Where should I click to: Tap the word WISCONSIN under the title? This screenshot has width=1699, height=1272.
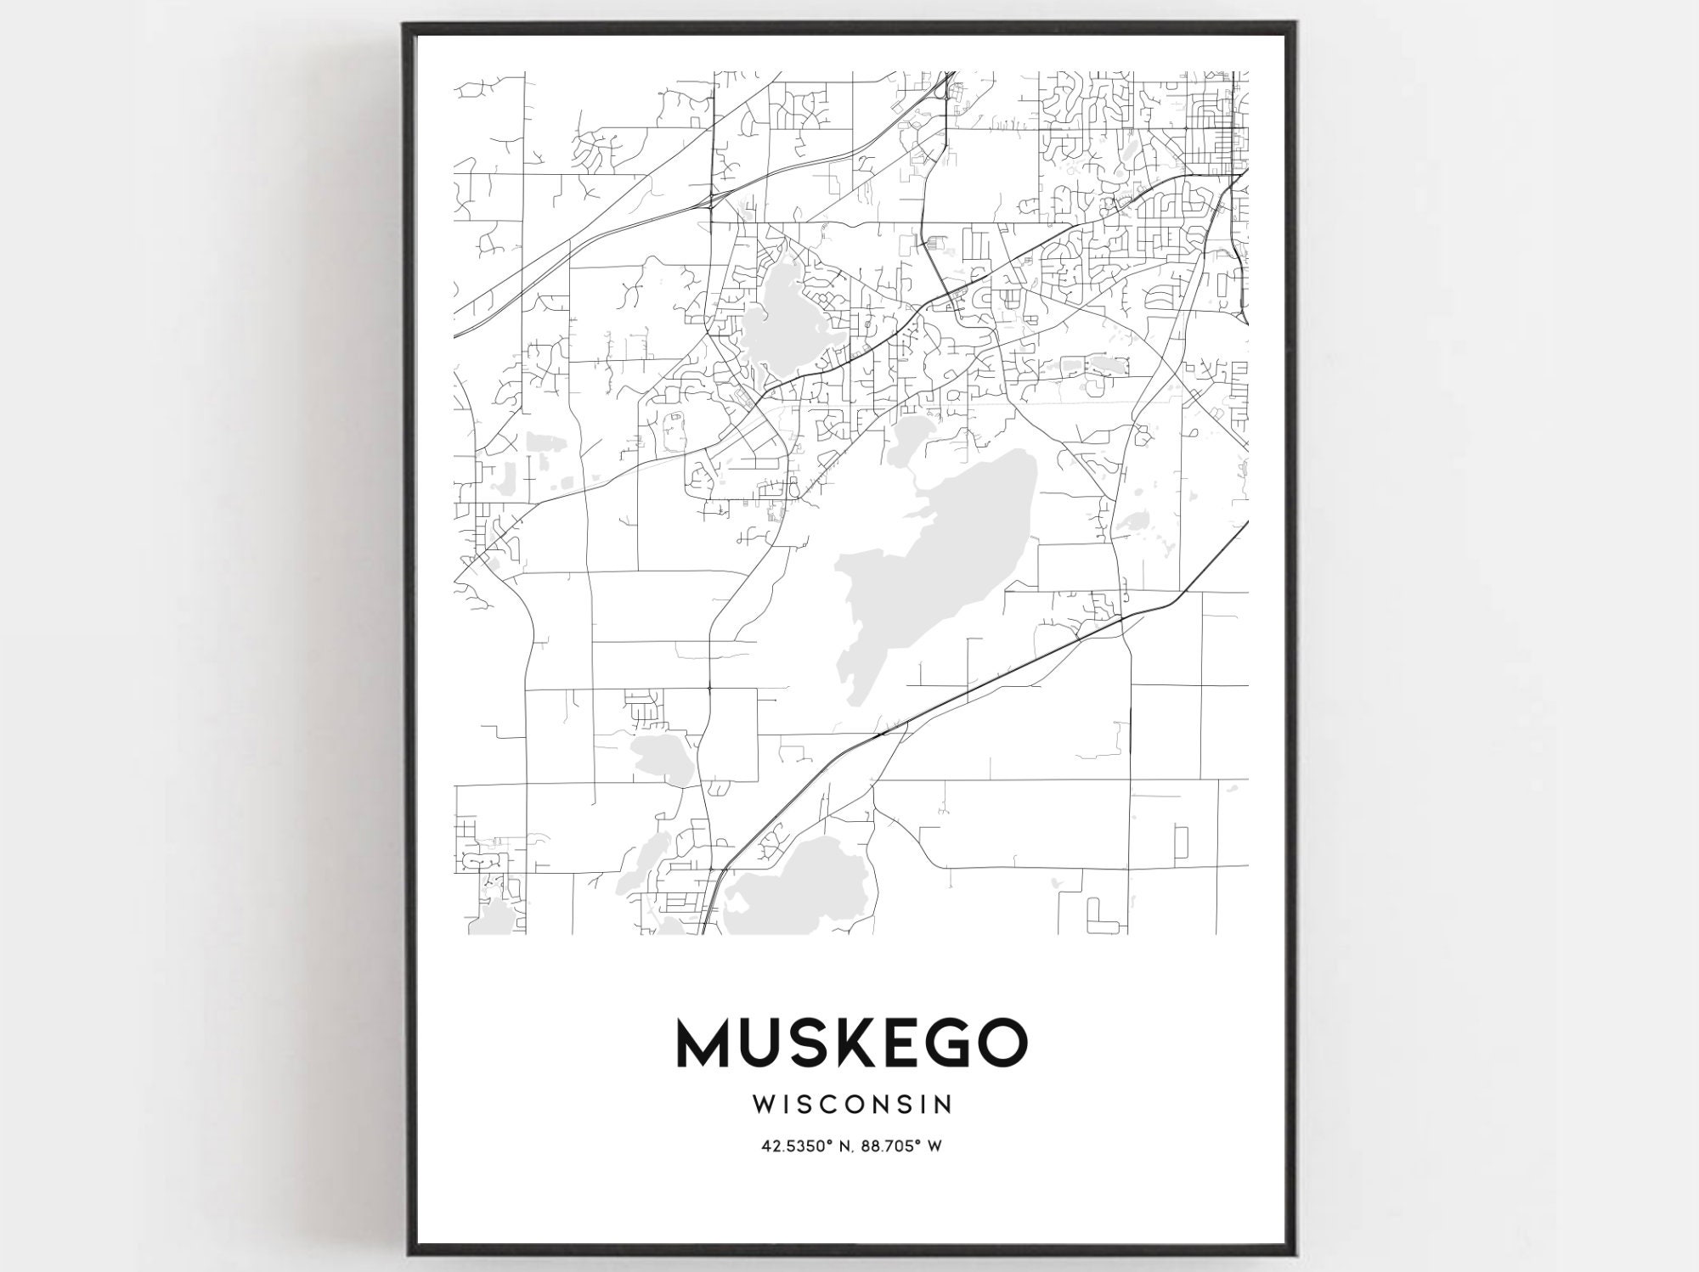point(851,1105)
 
